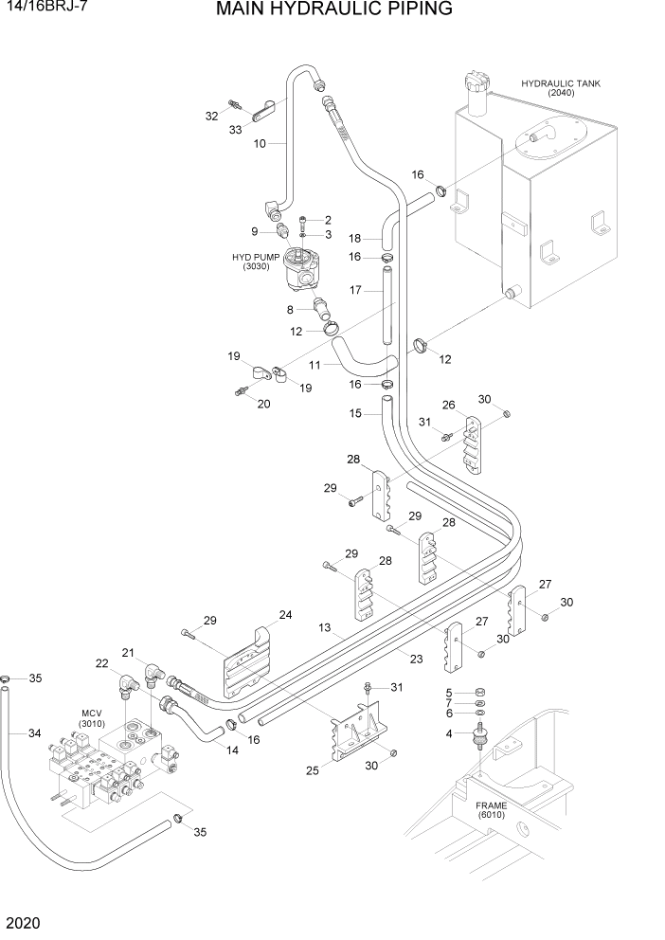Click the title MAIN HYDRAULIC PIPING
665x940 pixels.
[x=333, y=10]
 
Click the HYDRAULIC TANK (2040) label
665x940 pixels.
[x=561, y=88]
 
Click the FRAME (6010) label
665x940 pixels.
[x=492, y=809]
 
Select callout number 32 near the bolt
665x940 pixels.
[x=211, y=116]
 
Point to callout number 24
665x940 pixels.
[x=285, y=615]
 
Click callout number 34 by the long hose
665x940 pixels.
[x=34, y=732]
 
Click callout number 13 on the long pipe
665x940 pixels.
[x=324, y=627]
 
